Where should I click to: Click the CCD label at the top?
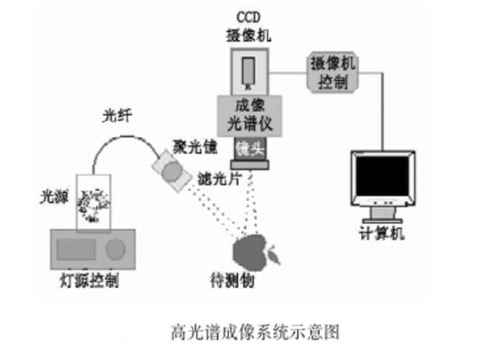click(248, 19)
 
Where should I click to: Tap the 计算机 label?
click(385, 234)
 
